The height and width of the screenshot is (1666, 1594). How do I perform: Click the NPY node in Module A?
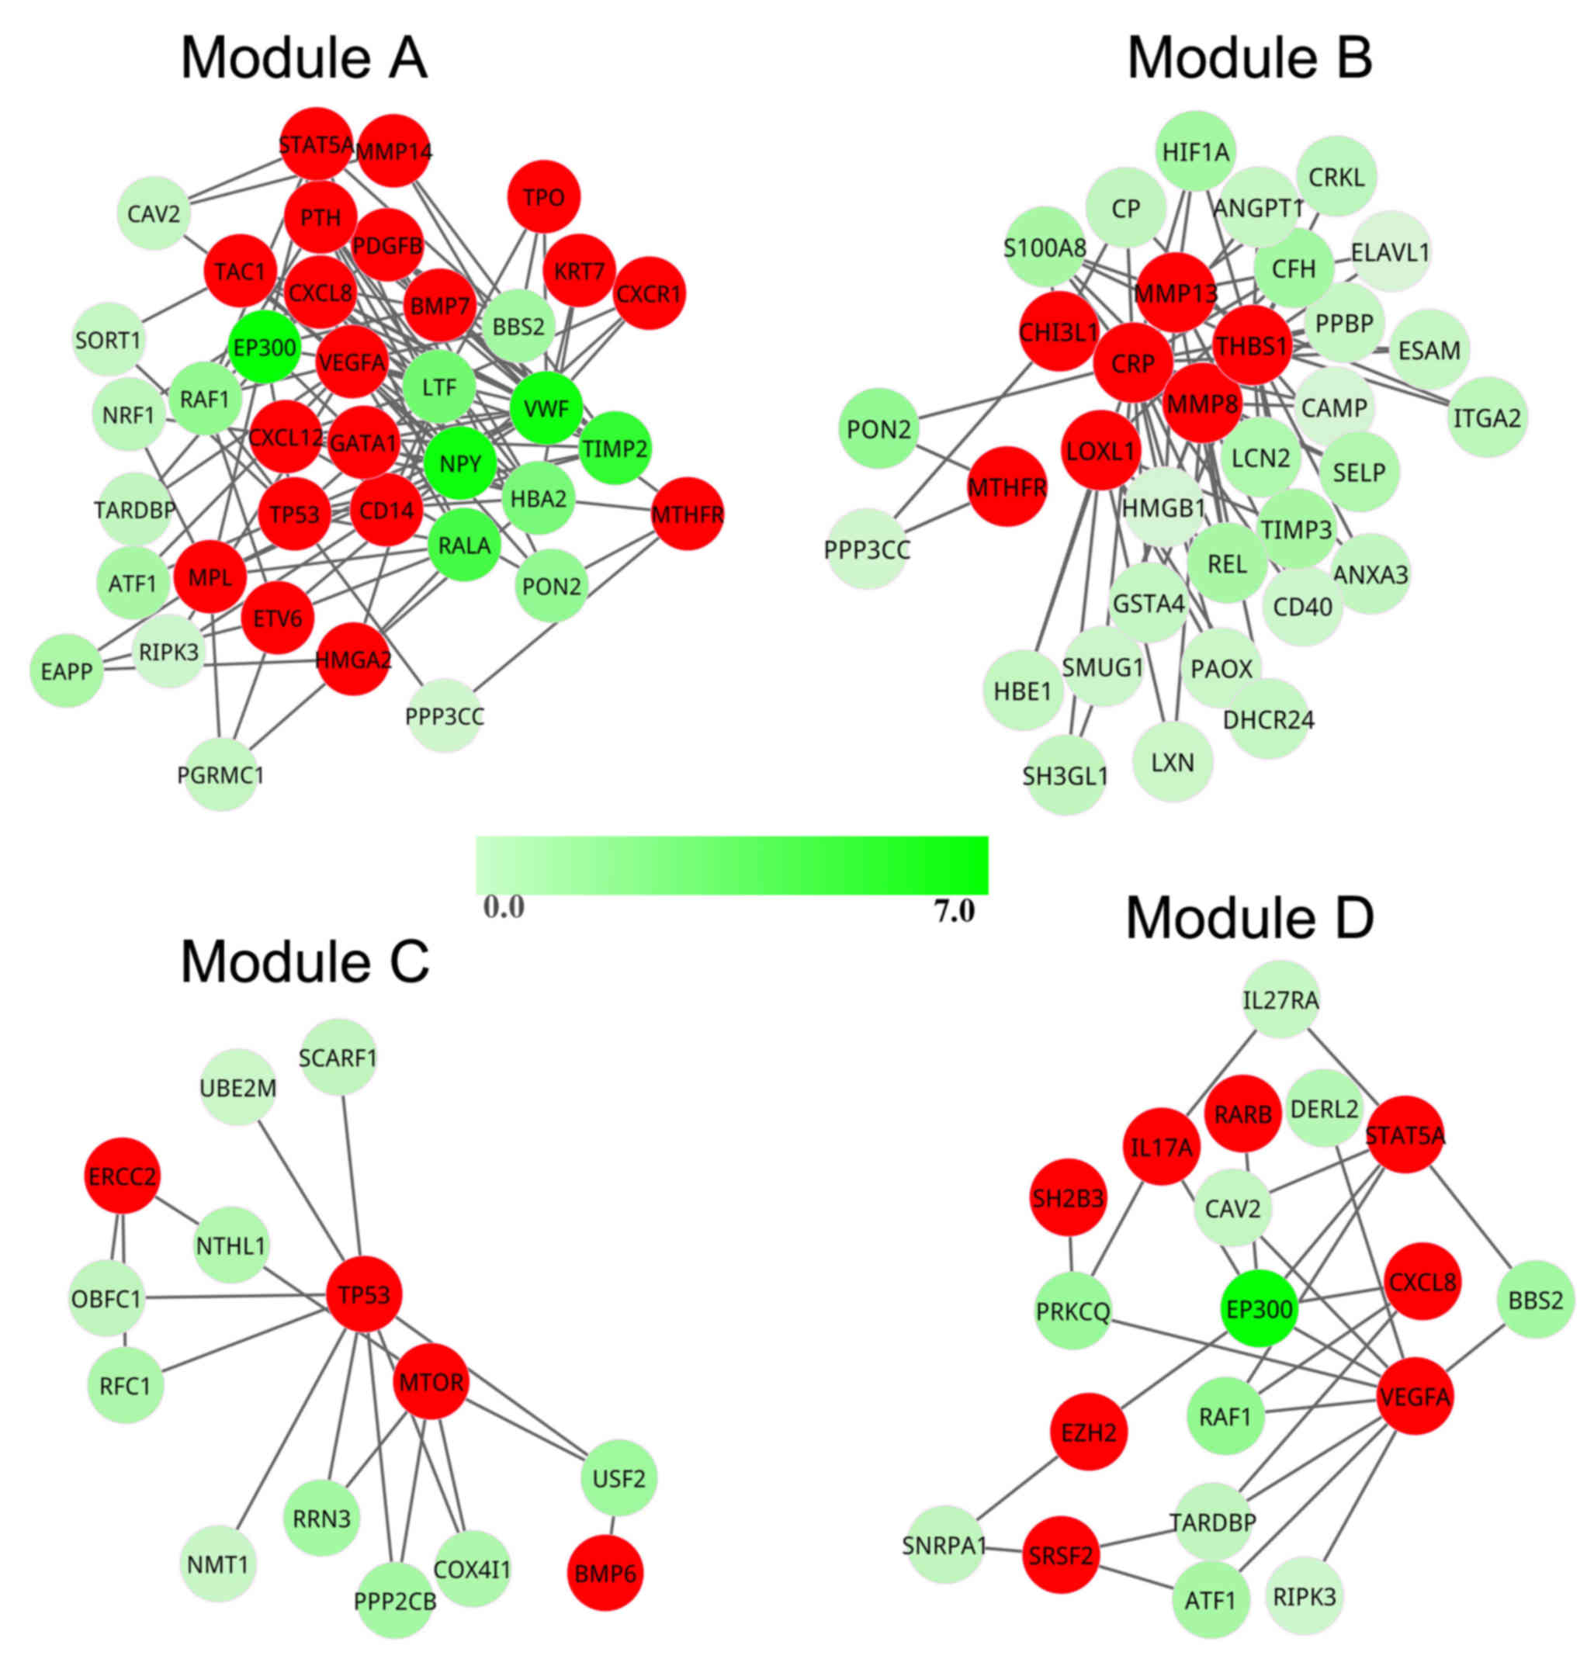[x=459, y=463]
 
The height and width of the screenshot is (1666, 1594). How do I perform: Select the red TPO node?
[x=544, y=197]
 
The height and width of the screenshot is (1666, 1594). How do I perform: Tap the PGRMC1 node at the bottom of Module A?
[x=221, y=774]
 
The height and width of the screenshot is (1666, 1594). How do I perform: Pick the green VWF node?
[x=546, y=409]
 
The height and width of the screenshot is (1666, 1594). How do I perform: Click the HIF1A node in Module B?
[x=1195, y=152]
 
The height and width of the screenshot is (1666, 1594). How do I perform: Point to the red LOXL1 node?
[x=1100, y=450]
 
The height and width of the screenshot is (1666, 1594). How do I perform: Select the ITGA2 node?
[x=1487, y=417]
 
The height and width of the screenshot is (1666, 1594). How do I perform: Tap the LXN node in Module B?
[x=1173, y=762]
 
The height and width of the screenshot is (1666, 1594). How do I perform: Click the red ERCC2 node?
[x=123, y=1176]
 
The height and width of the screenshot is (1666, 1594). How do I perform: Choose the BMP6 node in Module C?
[x=605, y=1573]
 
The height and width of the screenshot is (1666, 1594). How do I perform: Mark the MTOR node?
[x=431, y=1381]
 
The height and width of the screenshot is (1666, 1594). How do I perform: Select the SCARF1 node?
[x=338, y=1058]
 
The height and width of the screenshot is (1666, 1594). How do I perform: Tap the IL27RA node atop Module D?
[x=1280, y=1000]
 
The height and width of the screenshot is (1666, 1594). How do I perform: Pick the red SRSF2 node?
[x=1060, y=1556]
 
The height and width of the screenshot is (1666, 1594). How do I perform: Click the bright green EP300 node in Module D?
[x=1260, y=1309]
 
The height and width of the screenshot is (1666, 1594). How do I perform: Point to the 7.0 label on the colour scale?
[x=955, y=912]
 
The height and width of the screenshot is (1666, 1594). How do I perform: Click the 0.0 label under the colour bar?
[x=504, y=907]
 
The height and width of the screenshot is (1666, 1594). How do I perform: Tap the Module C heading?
[x=305, y=961]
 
